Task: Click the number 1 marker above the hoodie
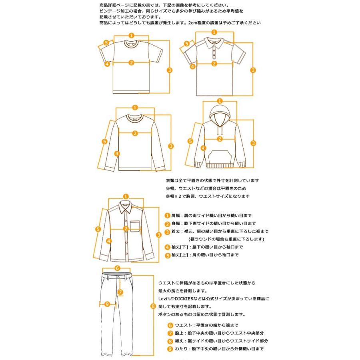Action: click(x=219, y=101)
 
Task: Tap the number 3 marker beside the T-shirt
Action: click(x=170, y=70)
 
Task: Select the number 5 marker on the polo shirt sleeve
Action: click(x=186, y=44)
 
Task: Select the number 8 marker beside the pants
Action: click(x=153, y=306)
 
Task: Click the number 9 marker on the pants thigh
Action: click(x=107, y=304)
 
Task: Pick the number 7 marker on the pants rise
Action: click(x=120, y=292)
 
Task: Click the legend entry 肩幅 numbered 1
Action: click(x=208, y=215)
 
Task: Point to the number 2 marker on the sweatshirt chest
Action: click(x=135, y=133)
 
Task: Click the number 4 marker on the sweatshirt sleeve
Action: click(x=116, y=153)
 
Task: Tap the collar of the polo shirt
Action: click(x=214, y=41)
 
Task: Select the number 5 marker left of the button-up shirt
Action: click(x=98, y=229)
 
